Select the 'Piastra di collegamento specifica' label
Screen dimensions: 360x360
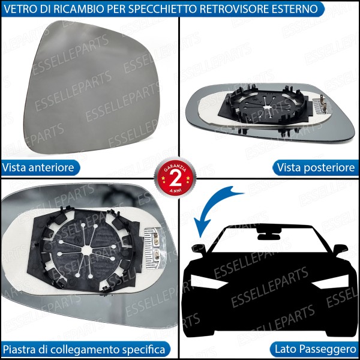pyautogui.click(x=83, y=349)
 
